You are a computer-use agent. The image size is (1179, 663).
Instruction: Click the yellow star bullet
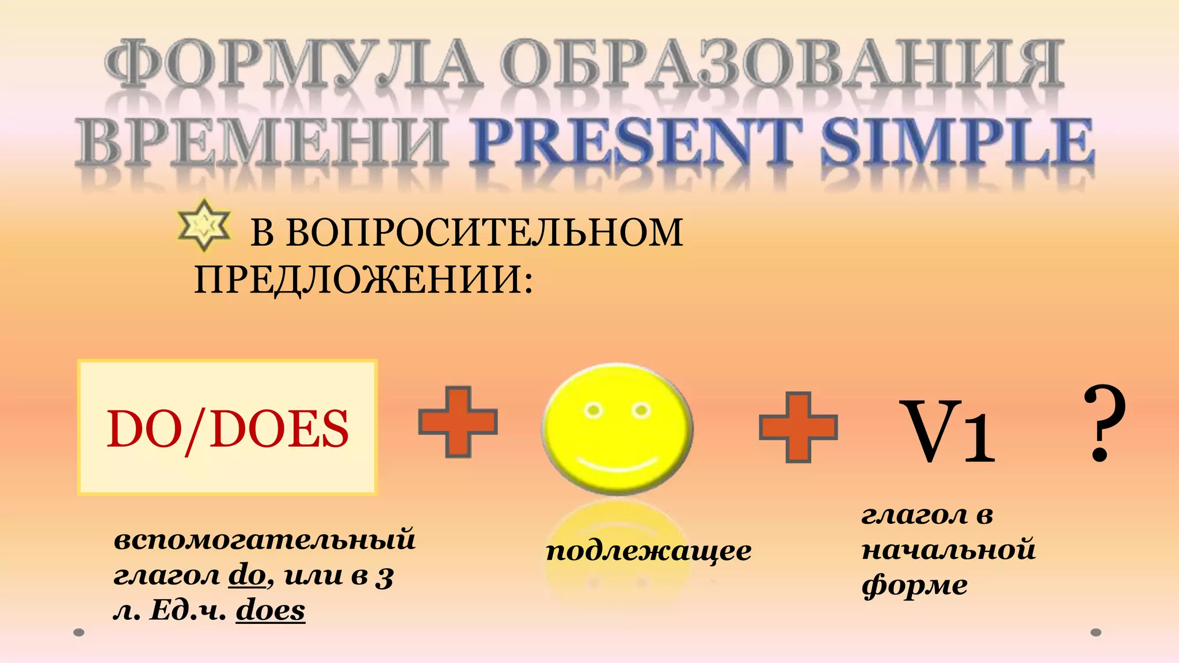[x=204, y=226]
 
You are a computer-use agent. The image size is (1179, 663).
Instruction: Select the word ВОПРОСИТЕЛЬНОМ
[x=484, y=233]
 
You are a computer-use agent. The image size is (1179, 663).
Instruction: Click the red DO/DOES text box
[x=227, y=428]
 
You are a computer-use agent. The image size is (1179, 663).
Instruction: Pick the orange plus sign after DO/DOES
[x=458, y=422]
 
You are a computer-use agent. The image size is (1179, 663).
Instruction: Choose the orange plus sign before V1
[x=798, y=428]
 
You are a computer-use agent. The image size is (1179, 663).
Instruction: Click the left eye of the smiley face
[x=593, y=411]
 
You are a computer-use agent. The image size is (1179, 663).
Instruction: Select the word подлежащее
[x=648, y=551]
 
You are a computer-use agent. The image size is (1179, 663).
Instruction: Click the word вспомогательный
[x=265, y=540]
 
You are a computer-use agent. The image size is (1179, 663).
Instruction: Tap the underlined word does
[x=271, y=611]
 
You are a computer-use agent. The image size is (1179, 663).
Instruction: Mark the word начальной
[x=948, y=550]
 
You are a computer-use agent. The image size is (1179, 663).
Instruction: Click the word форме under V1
[x=914, y=585]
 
